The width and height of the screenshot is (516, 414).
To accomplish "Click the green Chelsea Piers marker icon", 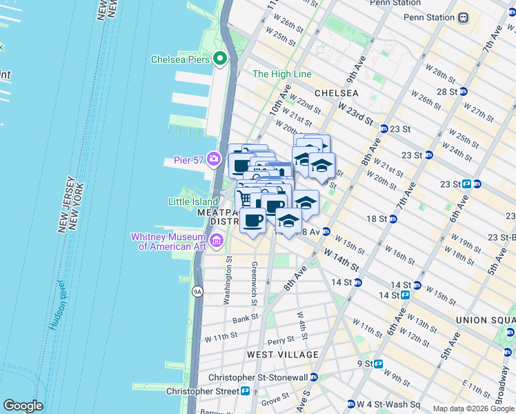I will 221,59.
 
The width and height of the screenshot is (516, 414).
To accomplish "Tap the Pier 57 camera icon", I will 215,160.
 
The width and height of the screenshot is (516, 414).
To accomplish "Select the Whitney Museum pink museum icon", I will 217,241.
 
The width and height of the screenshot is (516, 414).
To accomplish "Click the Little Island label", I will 193,201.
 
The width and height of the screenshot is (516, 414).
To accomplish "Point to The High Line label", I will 281,74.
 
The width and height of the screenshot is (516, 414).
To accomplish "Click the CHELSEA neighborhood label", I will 336,92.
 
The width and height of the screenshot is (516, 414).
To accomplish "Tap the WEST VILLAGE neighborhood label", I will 283,355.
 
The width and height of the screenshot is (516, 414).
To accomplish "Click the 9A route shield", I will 198,292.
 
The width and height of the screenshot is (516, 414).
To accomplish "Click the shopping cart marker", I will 244,199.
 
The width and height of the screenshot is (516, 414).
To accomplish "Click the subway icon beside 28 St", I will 464,91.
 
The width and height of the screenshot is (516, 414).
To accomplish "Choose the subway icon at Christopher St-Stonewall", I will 314,377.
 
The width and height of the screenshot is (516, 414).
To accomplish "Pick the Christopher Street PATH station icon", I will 245,391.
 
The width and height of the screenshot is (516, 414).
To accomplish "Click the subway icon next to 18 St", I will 393,219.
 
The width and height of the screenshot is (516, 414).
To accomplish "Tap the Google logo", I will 23,406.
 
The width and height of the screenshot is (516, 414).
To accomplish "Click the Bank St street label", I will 245,318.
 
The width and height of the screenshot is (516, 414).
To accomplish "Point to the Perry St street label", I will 281,340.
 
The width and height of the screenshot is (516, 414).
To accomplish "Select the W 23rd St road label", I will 355,110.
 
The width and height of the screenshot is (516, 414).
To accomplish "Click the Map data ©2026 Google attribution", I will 473,408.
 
